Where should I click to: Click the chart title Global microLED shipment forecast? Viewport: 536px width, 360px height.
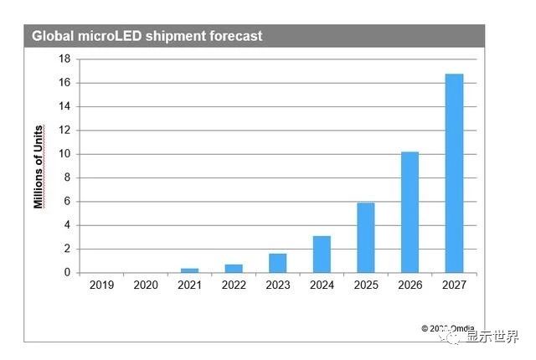click(147, 36)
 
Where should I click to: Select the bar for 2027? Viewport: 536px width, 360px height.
click(454, 173)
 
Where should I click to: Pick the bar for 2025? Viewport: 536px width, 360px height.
click(366, 238)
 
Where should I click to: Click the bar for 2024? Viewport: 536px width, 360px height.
click(322, 255)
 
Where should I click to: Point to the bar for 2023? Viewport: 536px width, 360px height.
click(278, 263)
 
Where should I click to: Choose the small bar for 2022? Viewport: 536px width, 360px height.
click(234, 269)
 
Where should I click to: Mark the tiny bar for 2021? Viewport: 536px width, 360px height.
click(190, 270)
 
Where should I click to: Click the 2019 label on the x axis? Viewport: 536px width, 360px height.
click(101, 285)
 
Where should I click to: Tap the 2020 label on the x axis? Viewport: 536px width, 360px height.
click(146, 285)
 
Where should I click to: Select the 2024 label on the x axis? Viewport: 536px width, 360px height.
click(322, 285)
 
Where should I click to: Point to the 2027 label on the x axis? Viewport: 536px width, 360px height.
click(454, 285)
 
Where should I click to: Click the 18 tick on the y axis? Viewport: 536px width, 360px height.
click(64, 59)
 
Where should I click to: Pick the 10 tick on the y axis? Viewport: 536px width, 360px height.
click(64, 154)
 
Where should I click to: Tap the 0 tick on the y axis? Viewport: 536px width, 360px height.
click(67, 273)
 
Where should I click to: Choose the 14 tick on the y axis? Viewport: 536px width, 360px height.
click(64, 106)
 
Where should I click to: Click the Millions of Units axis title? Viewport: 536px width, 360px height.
click(39, 166)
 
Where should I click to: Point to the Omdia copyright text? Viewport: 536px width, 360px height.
click(447, 328)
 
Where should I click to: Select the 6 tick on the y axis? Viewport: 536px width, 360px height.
click(67, 202)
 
